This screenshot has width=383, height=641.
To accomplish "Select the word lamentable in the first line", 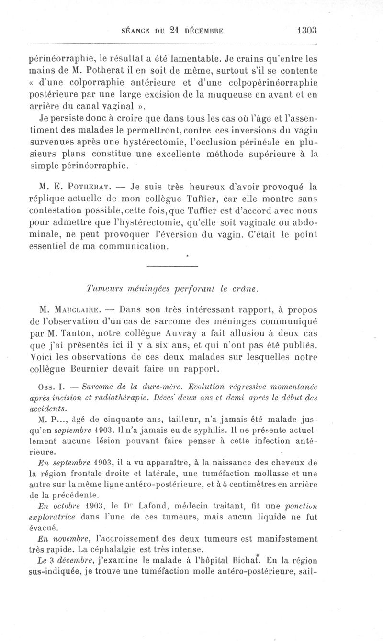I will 193,60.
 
